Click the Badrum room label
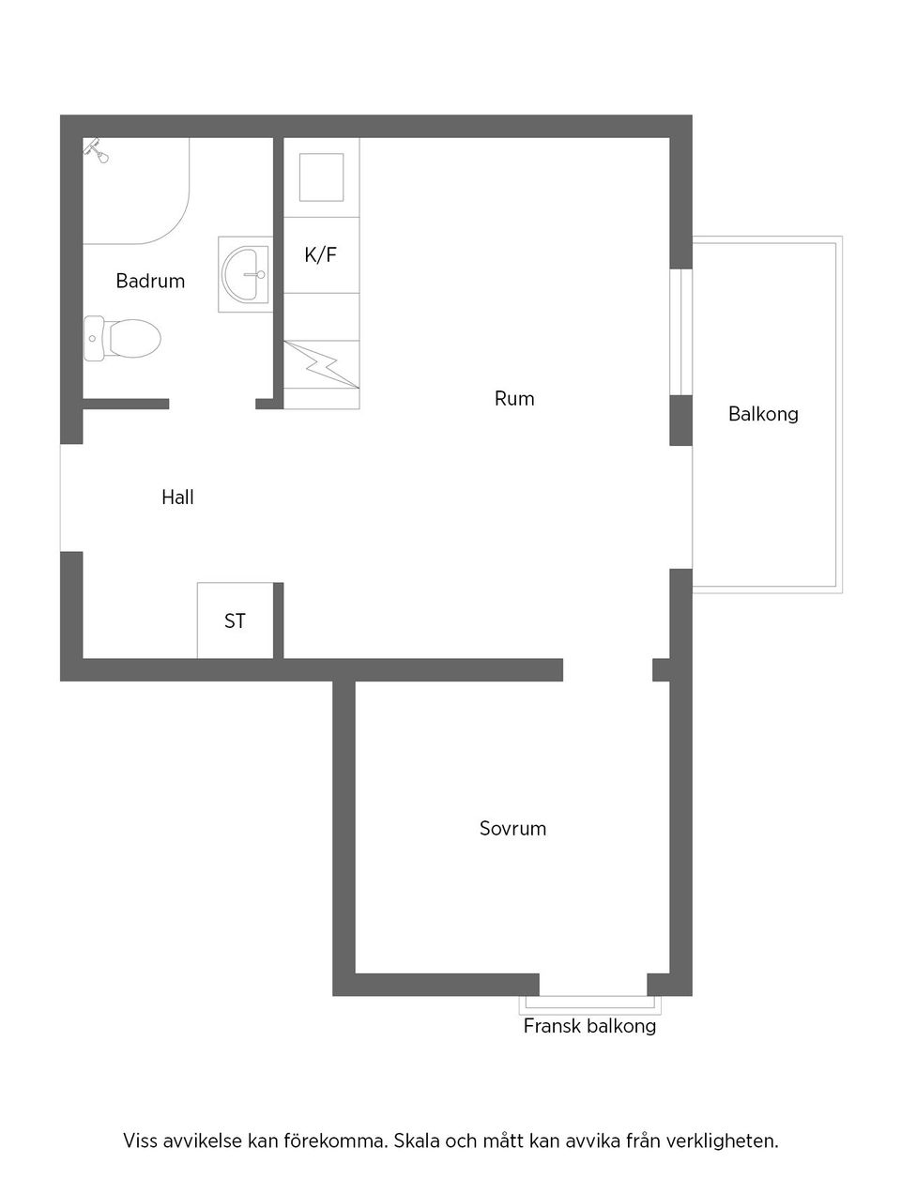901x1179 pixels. pyautogui.click(x=150, y=281)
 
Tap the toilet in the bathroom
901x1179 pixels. pyautogui.click(x=122, y=338)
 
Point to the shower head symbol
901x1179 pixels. pyautogui.click(x=96, y=150)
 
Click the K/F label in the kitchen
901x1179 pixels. pyautogui.click(x=321, y=254)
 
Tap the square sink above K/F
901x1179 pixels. pyautogui.click(x=321, y=177)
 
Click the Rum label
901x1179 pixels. pyautogui.click(x=514, y=399)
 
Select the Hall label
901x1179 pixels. pyautogui.click(x=177, y=498)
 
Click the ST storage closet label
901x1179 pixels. pyautogui.click(x=235, y=620)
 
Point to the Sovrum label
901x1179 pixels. pyautogui.click(x=512, y=828)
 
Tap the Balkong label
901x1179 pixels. pyautogui.click(x=763, y=414)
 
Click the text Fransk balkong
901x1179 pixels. pyautogui.click(x=589, y=1026)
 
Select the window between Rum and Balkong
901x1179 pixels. pyautogui.click(x=680, y=332)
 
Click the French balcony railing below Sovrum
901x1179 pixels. pyautogui.click(x=590, y=1003)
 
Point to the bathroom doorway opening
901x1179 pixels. pyautogui.click(x=212, y=404)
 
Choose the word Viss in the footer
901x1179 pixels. pyautogui.click(x=140, y=1141)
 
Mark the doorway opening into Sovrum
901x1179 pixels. pyautogui.click(x=608, y=670)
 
